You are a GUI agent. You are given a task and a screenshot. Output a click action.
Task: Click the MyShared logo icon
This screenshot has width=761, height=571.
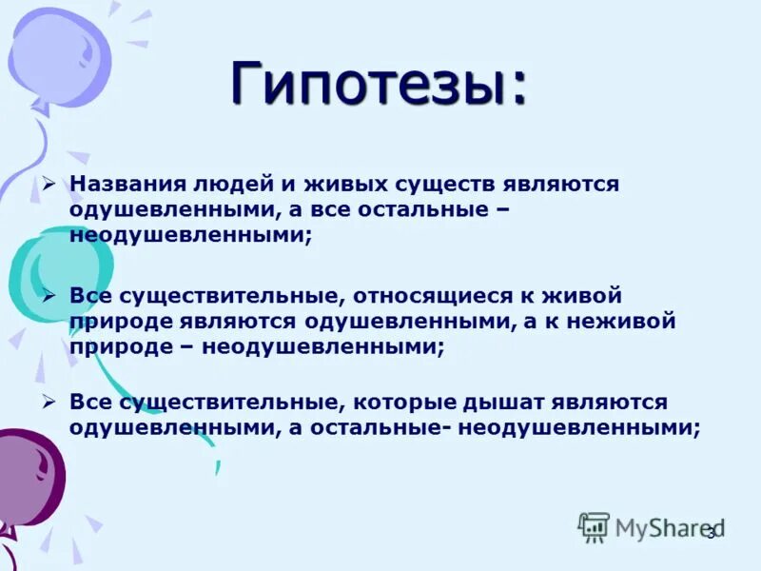pyautogui.click(x=595, y=526)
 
